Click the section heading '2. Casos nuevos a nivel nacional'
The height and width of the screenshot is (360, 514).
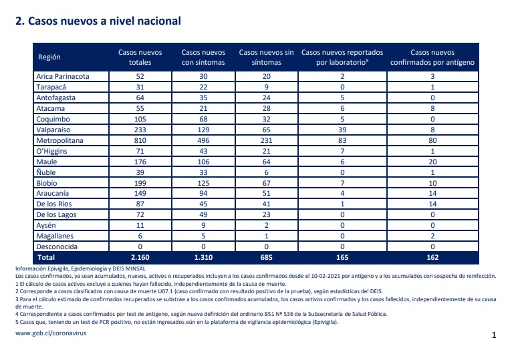point(98,21)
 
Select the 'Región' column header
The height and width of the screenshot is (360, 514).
point(49,57)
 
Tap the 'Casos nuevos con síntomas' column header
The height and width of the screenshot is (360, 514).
point(203,57)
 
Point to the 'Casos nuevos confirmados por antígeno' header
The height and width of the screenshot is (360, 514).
point(432,57)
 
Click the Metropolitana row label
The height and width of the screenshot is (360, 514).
point(59,140)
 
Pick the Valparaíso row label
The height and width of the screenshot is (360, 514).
point(53,130)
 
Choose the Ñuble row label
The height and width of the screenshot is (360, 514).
point(46,172)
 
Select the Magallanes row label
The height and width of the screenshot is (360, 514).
point(55,236)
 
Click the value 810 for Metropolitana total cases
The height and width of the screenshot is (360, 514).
point(140,140)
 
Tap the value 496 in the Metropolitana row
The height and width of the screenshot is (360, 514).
point(203,140)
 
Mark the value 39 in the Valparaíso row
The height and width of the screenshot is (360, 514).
point(342,130)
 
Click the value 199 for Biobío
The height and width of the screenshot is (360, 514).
point(140,183)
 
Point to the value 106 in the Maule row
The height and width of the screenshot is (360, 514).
point(203,162)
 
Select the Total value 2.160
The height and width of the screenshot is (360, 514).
point(140,257)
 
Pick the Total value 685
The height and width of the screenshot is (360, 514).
point(266,257)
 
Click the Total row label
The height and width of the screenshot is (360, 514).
point(46,257)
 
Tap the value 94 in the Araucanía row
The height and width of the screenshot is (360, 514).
point(203,193)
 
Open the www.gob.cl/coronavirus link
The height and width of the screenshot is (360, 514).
point(51,333)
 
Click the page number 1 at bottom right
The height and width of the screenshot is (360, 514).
point(494,335)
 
